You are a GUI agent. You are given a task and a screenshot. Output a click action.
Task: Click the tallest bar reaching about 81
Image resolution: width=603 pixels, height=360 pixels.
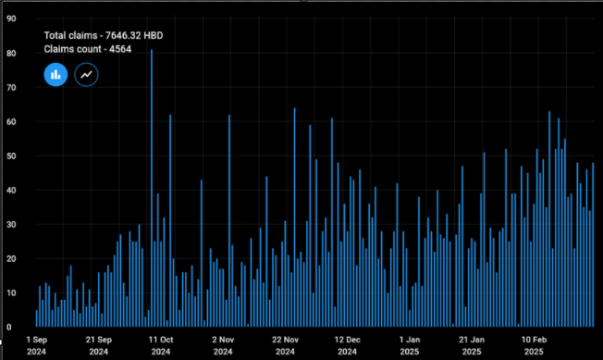(x=152, y=185)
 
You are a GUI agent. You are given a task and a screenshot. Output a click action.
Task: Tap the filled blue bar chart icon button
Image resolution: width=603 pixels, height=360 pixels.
(x=55, y=74)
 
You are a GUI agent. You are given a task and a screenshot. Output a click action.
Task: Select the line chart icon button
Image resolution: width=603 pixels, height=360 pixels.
(x=86, y=74)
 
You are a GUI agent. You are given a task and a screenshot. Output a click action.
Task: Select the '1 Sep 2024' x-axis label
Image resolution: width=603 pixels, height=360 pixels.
(x=37, y=345)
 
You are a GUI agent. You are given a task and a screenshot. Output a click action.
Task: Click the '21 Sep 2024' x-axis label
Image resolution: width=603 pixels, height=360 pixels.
(x=99, y=345)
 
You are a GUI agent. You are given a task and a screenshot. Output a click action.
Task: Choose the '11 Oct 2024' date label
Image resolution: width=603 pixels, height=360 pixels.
(x=161, y=345)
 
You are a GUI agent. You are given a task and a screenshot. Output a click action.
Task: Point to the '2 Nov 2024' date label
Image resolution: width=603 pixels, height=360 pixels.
(x=223, y=345)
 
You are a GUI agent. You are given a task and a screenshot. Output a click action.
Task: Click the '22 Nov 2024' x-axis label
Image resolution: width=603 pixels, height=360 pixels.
(x=285, y=345)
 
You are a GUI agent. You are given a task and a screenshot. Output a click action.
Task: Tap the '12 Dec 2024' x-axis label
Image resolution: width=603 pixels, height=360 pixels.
(x=347, y=345)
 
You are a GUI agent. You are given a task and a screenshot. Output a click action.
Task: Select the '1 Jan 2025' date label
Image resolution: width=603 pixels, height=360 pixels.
(x=408, y=345)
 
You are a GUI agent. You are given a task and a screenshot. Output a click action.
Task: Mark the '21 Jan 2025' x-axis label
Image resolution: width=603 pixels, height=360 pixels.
(x=471, y=345)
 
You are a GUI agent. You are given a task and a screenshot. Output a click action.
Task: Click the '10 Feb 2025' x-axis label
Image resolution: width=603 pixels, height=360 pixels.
(x=534, y=345)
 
